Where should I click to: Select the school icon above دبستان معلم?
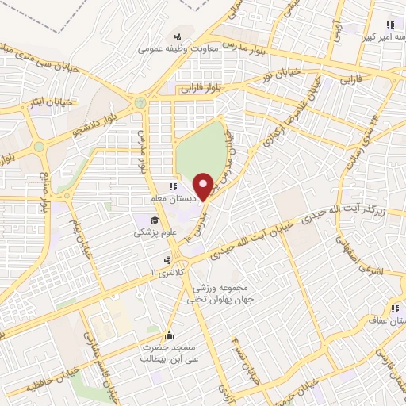pyautogui.click(x=173, y=187)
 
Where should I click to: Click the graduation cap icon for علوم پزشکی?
pyautogui.click(x=155, y=220)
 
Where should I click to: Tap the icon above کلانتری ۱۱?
pyautogui.click(x=167, y=260)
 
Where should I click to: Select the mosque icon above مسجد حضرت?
pyautogui.click(x=168, y=335)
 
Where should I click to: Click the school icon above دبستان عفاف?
pyautogui.click(x=393, y=309)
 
